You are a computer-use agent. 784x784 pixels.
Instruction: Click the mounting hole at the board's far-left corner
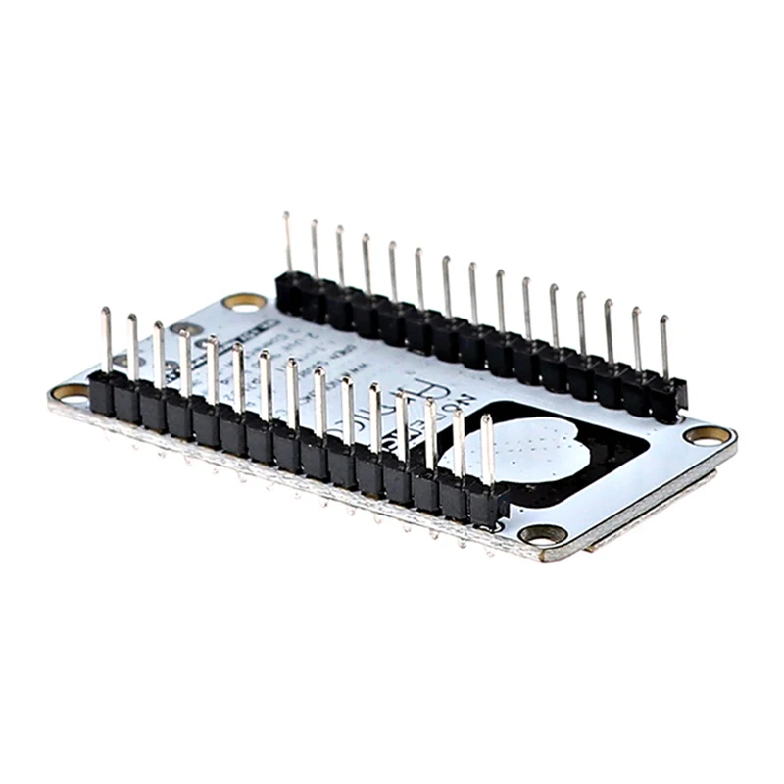click(70, 393)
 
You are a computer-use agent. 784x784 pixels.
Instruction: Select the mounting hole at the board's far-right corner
click(707, 434)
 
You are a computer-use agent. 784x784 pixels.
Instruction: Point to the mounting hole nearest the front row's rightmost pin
click(542, 534)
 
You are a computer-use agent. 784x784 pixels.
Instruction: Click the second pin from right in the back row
click(636, 339)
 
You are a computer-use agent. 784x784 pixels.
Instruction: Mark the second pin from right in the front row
click(459, 441)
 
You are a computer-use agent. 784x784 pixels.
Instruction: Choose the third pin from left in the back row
click(340, 256)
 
